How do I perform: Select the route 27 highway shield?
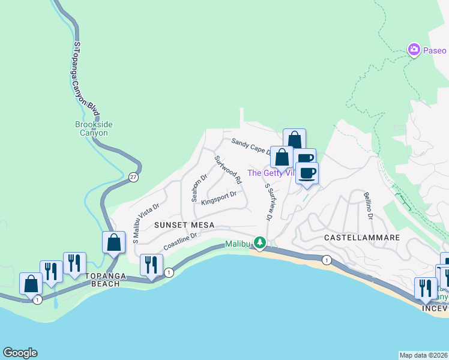tap(133, 177)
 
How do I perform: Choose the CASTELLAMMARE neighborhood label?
tap(362, 238)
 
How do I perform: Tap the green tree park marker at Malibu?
tap(259, 243)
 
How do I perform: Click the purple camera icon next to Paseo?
tap(414, 50)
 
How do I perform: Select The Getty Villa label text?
tap(270, 173)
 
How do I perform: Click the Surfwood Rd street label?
tap(228, 170)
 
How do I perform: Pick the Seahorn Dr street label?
tap(199, 188)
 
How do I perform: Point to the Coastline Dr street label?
tap(180, 242)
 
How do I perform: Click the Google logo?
tap(20, 353)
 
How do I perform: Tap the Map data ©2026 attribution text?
tap(423, 355)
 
